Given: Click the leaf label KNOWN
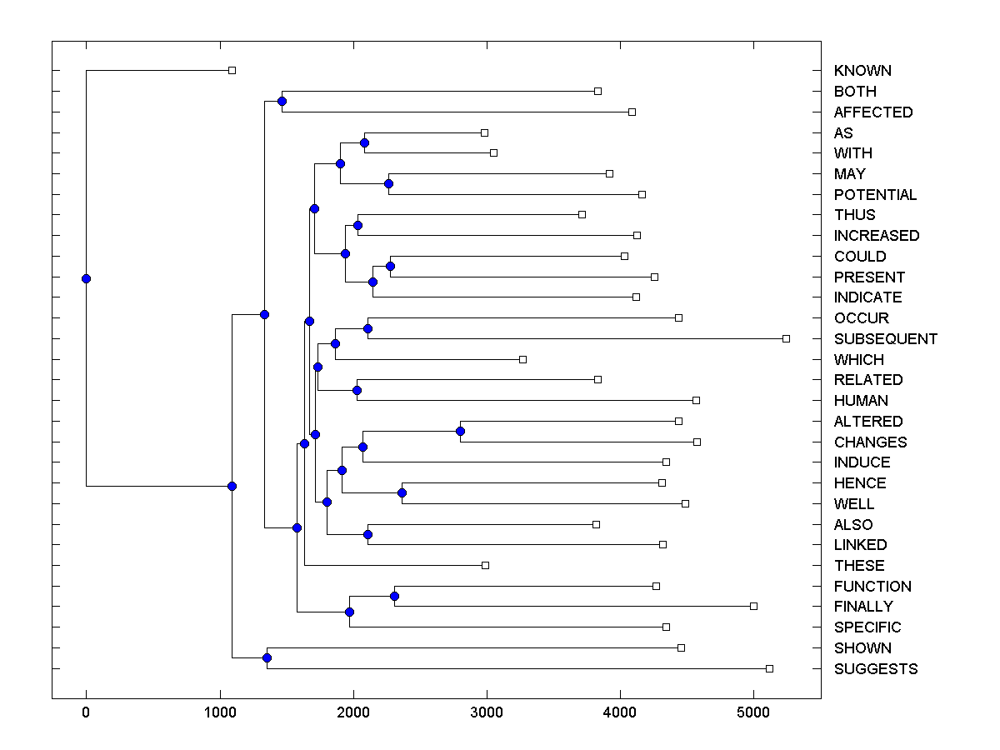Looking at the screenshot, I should pos(862,71).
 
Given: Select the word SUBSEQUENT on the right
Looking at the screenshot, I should pos(885,339).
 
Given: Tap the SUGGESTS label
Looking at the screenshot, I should pos(875,669).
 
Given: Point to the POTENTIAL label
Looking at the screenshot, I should pos(875,195).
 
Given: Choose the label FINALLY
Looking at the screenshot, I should pos(862,607).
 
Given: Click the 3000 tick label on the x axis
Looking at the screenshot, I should pos(487,712).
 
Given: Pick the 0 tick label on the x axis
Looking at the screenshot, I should pos(86,712).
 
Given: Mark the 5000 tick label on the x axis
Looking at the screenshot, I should pos(753,712).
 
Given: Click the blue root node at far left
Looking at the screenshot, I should pos(86,278).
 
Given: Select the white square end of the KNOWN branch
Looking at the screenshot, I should pos(232,70).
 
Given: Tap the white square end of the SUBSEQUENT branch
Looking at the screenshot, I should pos(786,338).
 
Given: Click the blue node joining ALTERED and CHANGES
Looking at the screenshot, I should pos(460,431).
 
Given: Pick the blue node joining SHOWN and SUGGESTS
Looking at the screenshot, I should pos(267,658).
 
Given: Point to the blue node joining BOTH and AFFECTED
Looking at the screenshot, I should pos(282,101).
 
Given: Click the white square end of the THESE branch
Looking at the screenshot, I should pos(485,565).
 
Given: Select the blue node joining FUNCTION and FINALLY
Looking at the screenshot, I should pos(394,596).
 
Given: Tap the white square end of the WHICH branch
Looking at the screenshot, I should pos(522,359).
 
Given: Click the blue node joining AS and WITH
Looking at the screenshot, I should pos(364,142).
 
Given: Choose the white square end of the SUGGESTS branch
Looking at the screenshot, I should pos(769,668).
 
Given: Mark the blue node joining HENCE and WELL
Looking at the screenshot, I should pos(402,492).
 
